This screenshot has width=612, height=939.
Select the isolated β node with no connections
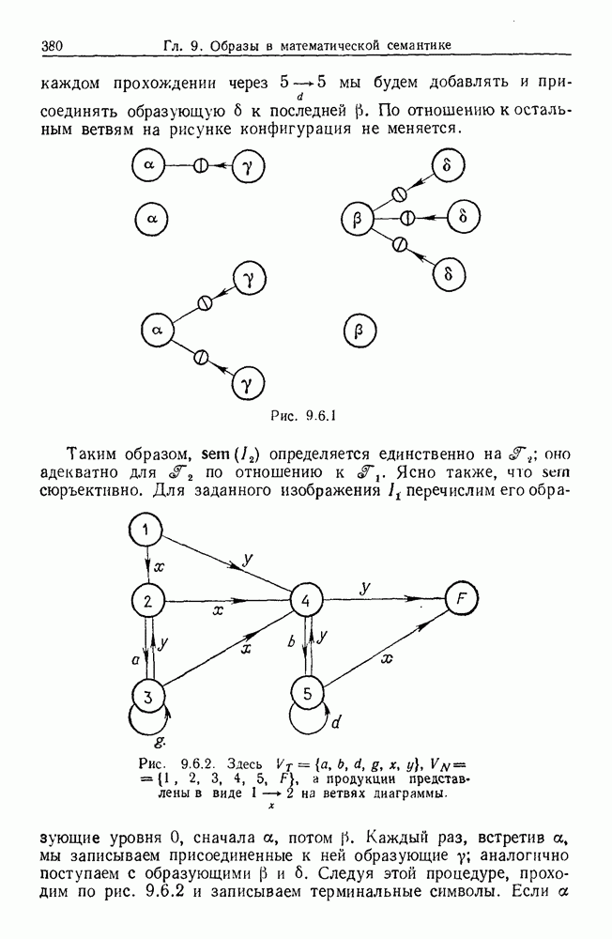point(360,331)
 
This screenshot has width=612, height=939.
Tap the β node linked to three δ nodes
point(357,219)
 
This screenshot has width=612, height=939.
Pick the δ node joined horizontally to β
point(464,217)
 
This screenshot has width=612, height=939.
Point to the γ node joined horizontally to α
point(248,166)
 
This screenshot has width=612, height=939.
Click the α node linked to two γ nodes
point(158,330)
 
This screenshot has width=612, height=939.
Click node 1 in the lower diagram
point(146,530)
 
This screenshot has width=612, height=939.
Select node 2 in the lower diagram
point(147,601)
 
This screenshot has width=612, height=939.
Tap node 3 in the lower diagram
point(147,697)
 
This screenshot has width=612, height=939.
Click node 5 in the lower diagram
point(307,694)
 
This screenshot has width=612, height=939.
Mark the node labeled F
point(462,599)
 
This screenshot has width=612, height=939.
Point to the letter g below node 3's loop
point(158,741)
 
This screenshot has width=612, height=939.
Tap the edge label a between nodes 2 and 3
point(135,660)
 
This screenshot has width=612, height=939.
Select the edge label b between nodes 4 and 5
point(292,642)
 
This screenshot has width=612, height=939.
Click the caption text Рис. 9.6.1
point(303,415)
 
